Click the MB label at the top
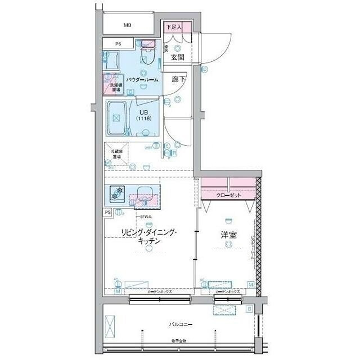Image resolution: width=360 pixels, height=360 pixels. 128,25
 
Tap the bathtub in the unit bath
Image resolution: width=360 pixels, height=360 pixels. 117,119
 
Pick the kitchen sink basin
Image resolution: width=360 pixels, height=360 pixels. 145,192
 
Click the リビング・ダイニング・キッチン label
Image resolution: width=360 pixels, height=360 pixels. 148,236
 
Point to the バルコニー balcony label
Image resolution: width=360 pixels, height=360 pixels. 179,325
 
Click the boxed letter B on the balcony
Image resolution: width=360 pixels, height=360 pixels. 249,309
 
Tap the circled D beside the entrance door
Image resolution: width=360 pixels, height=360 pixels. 204,70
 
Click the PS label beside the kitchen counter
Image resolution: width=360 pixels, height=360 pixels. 107,212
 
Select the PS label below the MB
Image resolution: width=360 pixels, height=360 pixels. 118,44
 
